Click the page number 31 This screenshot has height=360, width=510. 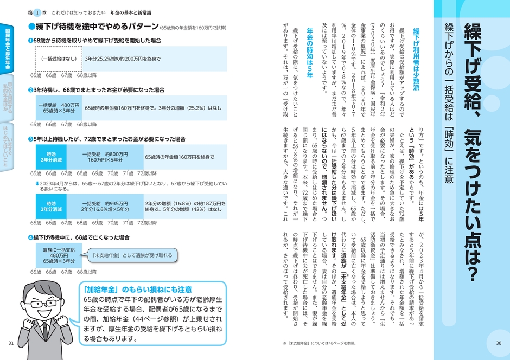click(x=11, y=342)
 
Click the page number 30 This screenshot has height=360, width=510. click(x=499, y=342)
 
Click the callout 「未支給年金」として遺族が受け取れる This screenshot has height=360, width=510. click(x=132, y=254)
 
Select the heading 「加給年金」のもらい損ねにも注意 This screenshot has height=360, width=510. click(x=138, y=290)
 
